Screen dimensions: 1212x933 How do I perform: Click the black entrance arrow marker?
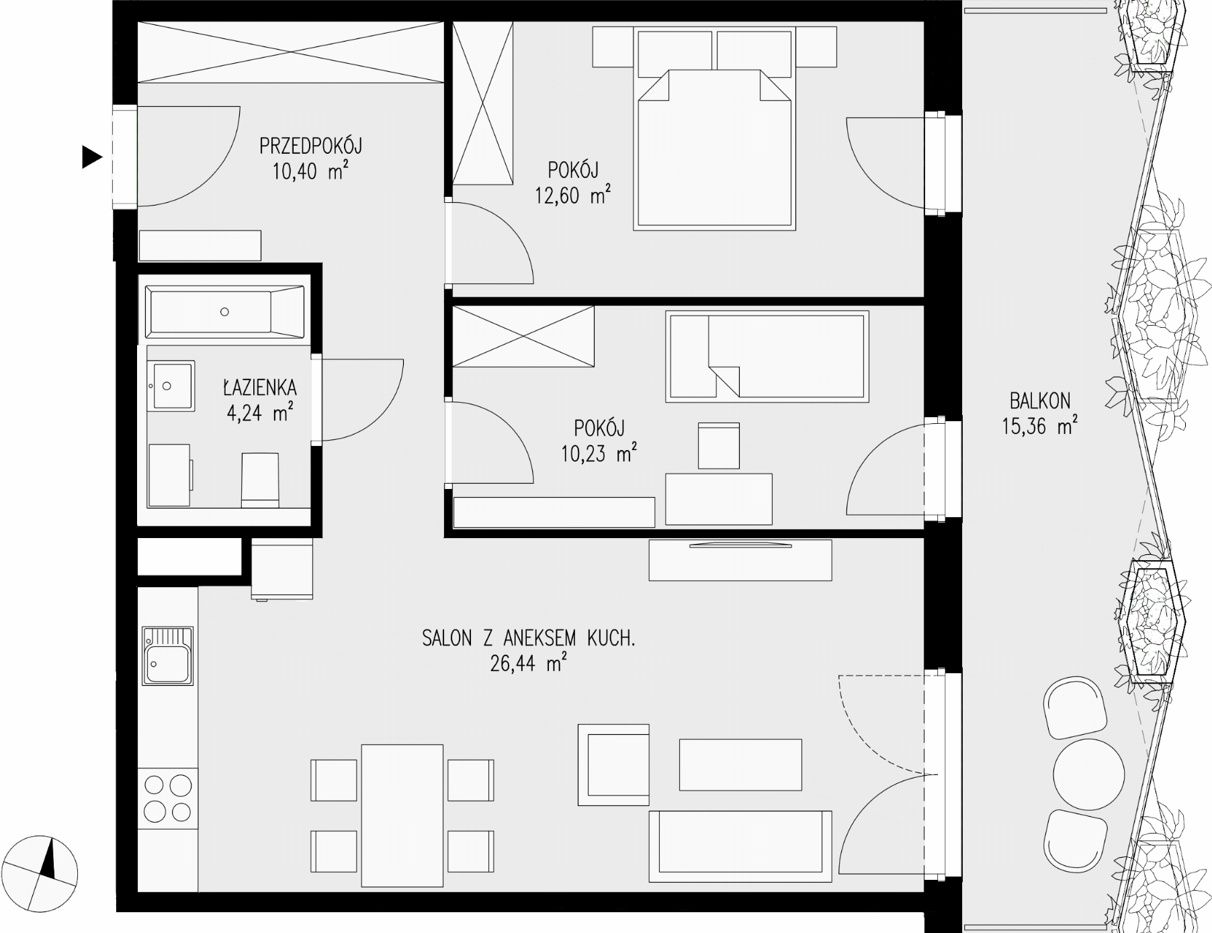click(91, 157)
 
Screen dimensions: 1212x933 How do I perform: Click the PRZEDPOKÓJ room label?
click(311, 145)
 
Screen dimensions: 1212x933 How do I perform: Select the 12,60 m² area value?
click(572, 195)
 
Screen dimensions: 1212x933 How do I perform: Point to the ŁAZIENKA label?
click(260, 388)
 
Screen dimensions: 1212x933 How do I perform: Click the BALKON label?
click(1040, 401)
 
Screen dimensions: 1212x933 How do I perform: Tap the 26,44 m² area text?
click(528, 663)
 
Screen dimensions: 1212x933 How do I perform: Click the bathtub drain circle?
click(224, 312)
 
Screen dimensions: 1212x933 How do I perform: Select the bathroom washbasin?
click(171, 386)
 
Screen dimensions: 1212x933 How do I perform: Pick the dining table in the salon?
click(402, 815)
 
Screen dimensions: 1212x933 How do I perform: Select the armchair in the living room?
click(613, 764)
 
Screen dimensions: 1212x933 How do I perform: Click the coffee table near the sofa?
click(740, 764)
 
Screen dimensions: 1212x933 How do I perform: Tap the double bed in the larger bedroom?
click(714, 148)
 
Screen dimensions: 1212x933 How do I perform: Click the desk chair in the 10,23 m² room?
click(719, 445)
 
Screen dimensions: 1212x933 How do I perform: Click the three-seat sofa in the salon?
click(740, 846)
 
